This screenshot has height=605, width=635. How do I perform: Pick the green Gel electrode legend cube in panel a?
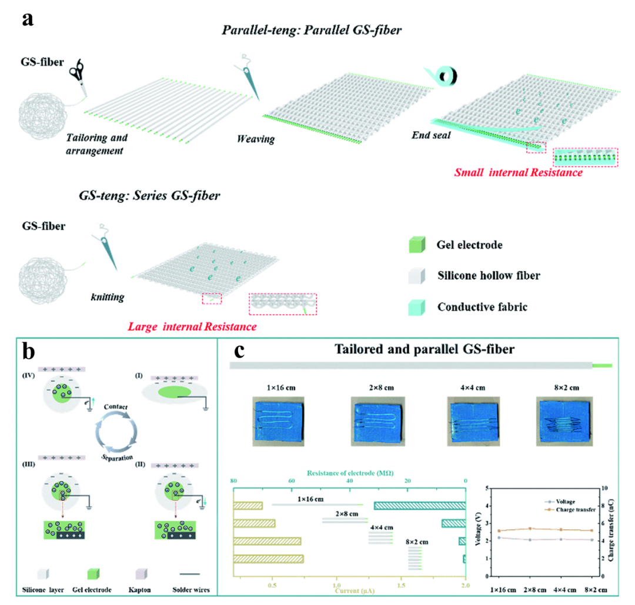[415, 245]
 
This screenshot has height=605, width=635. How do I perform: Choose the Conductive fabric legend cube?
[415, 306]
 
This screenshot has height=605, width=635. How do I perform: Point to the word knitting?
[107, 298]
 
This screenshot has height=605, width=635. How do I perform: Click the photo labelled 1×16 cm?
[276, 422]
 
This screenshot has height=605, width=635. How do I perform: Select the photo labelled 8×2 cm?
[563, 422]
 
